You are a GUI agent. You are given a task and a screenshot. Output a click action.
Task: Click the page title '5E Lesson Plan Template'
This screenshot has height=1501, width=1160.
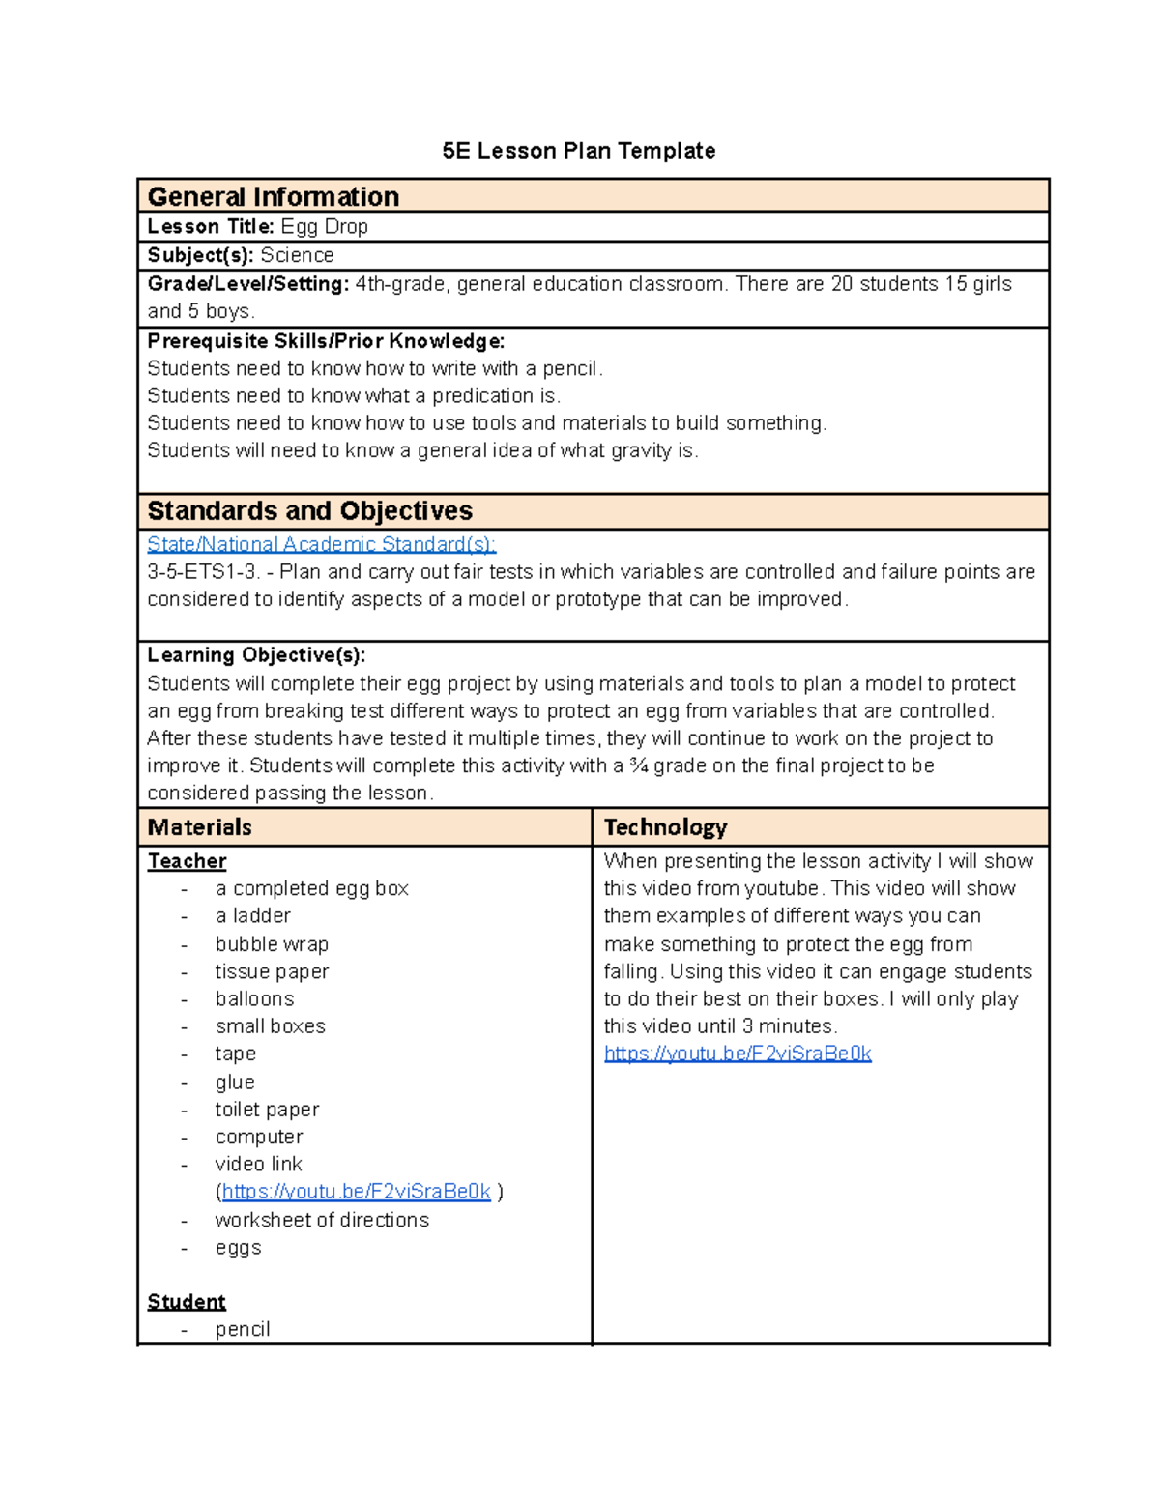point(578,151)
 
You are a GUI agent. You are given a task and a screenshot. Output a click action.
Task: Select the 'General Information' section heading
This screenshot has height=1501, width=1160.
point(273,197)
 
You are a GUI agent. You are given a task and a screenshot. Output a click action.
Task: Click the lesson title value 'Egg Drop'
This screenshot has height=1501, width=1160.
point(324,227)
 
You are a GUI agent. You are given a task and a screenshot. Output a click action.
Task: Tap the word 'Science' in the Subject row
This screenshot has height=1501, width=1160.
point(297,255)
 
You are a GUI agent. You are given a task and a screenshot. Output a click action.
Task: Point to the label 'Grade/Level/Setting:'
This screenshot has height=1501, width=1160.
point(247,284)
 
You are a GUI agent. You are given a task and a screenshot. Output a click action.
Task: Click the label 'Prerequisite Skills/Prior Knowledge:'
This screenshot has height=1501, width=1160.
point(326,341)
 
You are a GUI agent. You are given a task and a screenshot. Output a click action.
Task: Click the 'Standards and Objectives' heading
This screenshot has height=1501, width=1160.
point(309,511)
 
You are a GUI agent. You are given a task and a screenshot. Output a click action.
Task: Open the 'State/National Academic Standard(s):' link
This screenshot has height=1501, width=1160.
point(321,544)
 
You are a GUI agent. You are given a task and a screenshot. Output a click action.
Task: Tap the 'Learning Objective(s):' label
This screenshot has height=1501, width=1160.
point(256,655)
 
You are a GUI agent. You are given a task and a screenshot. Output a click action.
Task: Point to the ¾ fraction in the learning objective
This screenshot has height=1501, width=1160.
point(638,765)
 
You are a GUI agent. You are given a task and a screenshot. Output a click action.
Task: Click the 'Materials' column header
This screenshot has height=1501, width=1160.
point(199,827)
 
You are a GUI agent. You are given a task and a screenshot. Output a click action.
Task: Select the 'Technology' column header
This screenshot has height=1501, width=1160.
point(665,827)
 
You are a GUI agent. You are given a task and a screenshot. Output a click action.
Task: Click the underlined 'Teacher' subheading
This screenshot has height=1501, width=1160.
point(187,861)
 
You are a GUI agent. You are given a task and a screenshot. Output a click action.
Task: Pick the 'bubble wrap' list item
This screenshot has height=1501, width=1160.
point(272,944)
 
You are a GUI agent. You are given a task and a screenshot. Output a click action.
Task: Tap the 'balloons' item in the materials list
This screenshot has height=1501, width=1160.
point(254,999)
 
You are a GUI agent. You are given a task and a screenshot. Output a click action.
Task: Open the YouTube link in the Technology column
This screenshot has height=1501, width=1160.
point(738,1054)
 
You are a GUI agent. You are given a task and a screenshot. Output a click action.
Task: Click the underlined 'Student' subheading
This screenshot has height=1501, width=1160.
point(187,1302)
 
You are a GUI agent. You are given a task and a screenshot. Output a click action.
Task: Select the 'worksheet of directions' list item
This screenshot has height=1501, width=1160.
point(322,1220)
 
